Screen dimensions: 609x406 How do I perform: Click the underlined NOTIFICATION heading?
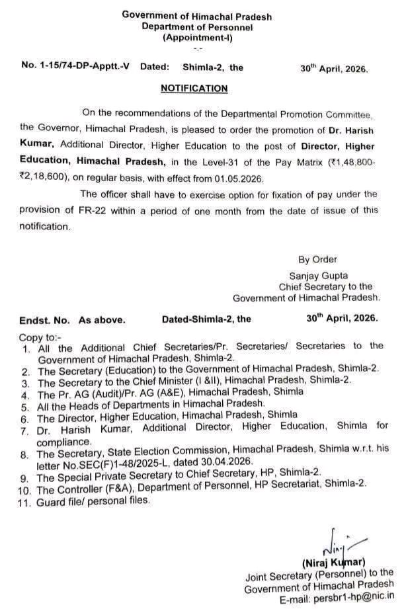tap(194, 88)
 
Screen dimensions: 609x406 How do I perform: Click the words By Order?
tap(317, 259)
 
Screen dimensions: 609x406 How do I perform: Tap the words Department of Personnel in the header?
tap(196, 27)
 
